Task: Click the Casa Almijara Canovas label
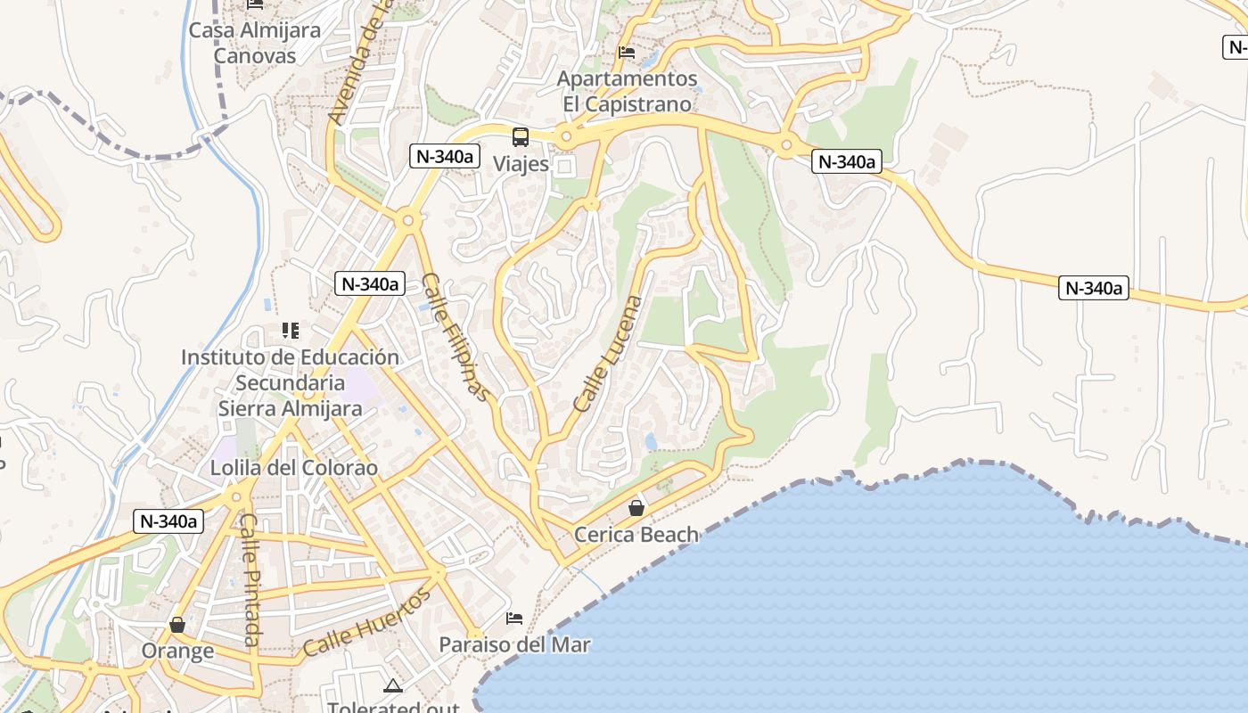(254, 43)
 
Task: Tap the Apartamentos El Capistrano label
(628, 92)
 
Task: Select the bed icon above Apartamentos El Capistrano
(627, 53)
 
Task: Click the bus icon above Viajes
(520, 137)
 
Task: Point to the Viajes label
(521, 164)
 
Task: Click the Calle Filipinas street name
(456, 337)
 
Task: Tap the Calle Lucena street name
(608, 354)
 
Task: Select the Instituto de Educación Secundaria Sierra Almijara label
(291, 382)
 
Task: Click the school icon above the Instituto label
(290, 331)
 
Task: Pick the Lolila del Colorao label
(294, 468)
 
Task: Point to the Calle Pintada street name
(250, 579)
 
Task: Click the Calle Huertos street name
(367, 621)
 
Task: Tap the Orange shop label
(177, 651)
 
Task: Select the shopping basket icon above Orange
(177, 625)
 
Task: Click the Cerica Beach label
(636, 535)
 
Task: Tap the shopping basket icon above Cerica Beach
(636, 508)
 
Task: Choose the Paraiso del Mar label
(514, 644)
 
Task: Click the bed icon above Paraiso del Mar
(514, 618)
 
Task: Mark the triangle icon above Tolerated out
(392, 685)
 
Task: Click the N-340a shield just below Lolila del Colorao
(168, 521)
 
